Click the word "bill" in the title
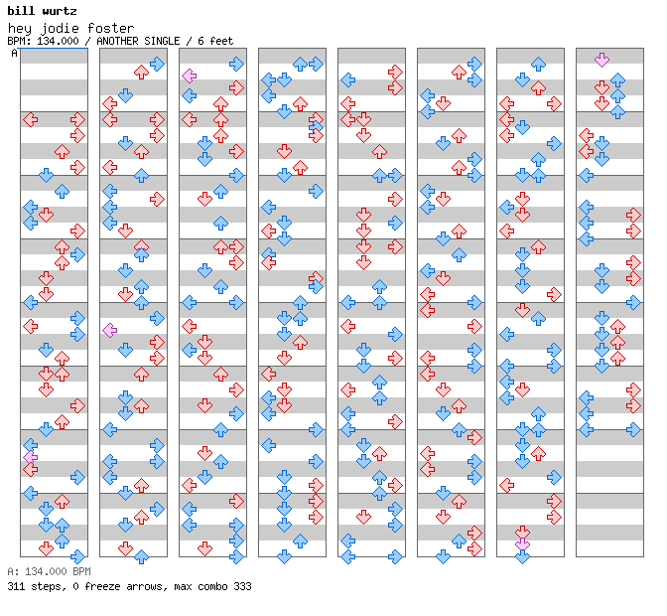[21, 11]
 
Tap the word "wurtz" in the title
[60, 11]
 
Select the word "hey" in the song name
[20, 29]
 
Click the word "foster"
[110, 29]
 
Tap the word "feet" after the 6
[221, 41]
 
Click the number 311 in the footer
[16, 586]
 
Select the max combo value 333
[242, 586]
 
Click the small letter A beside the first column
[15, 53]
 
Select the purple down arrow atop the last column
[601, 60]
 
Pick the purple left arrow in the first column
[31, 457]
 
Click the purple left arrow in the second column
[110, 330]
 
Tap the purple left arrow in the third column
[190, 77]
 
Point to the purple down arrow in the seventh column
[522, 544]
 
